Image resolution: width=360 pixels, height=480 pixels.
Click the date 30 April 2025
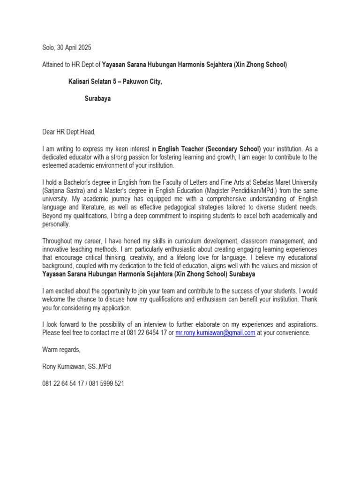pos(75,48)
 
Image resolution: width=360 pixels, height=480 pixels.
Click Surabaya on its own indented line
pos(97,99)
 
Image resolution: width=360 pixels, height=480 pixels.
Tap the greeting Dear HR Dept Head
pos(68,133)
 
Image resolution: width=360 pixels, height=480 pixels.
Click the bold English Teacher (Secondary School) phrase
pos(210,149)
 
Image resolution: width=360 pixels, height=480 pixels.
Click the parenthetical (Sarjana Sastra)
pos(64,190)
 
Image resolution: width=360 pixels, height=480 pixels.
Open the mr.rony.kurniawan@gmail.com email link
pos(215,333)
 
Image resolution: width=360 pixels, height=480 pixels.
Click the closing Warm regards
pos(61,350)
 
